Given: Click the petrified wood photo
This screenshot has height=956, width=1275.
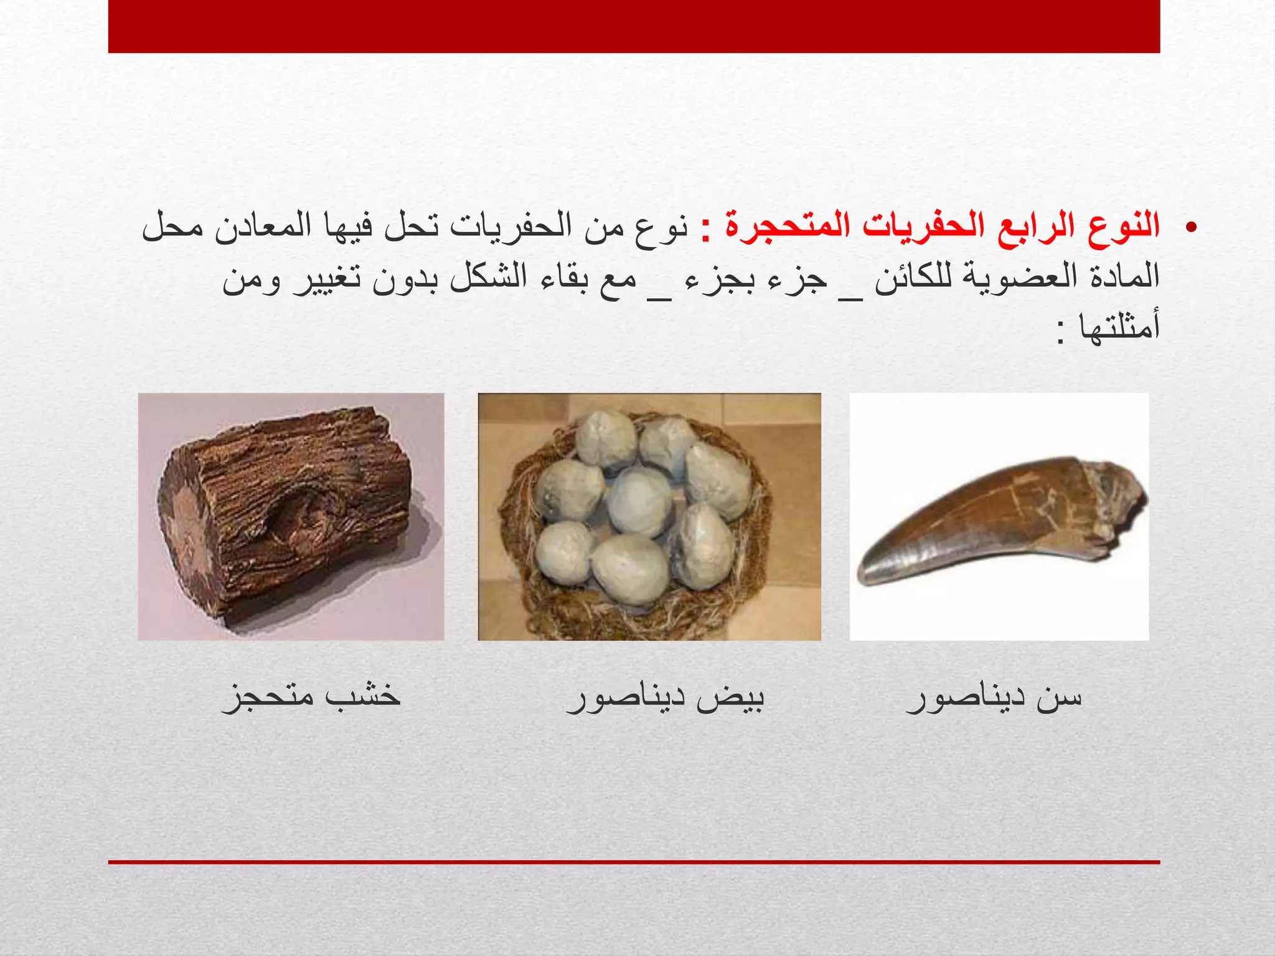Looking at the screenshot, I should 291,517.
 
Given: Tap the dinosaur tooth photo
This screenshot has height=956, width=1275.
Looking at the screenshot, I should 999,517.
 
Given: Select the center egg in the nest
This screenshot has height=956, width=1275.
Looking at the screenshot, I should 640,502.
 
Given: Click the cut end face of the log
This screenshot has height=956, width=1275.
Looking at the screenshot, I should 187,529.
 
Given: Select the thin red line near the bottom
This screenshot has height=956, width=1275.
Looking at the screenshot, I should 634,862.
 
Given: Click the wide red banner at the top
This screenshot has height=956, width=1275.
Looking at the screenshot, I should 634,26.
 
